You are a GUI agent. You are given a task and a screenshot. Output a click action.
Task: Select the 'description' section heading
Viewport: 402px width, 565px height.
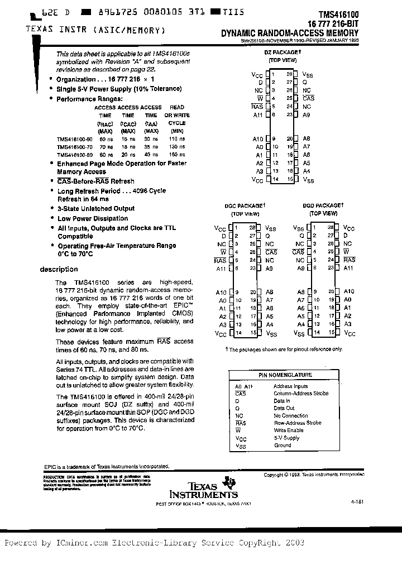tap(59, 269)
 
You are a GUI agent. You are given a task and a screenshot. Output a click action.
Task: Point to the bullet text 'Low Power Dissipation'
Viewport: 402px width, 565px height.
tap(93, 218)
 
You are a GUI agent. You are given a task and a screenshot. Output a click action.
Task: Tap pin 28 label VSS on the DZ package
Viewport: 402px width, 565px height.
tap(308, 74)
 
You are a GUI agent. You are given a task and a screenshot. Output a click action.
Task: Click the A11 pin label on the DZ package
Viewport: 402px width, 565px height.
tap(257, 114)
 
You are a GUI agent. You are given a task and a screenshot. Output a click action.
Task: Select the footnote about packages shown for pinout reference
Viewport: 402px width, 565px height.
tap(284, 349)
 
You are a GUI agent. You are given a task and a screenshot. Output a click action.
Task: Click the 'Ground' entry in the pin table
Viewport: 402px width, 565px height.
tap(282, 446)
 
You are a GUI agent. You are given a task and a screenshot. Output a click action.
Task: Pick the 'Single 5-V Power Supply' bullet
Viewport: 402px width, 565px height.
tap(119, 89)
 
